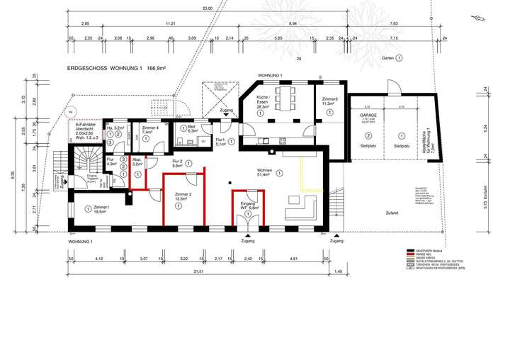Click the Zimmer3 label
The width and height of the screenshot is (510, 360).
tap(329, 100)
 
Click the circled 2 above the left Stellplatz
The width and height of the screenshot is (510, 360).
tap(368, 135)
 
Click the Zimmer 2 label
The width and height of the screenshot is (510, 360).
tap(183, 196)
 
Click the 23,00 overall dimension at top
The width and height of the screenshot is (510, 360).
tap(207, 9)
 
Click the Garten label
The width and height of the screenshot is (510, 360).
tap(387, 57)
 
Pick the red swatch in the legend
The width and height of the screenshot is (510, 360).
tap(409, 255)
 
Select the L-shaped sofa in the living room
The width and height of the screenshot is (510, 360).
tap(303, 207)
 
